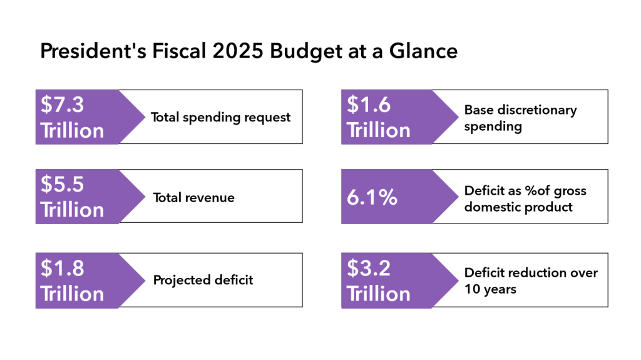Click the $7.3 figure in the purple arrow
point(62,105)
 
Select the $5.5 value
point(62,184)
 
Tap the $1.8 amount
point(62,268)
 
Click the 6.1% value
point(372,197)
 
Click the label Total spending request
point(220,117)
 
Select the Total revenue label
point(193,198)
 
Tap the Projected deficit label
point(203,280)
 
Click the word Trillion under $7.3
point(72,130)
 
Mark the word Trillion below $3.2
point(378,294)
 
